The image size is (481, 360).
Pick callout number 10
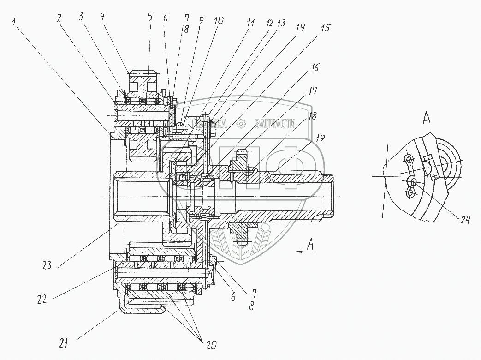tap(219, 21)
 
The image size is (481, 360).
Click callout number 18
tap(313, 116)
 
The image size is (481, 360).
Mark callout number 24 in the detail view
tap(464, 221)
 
